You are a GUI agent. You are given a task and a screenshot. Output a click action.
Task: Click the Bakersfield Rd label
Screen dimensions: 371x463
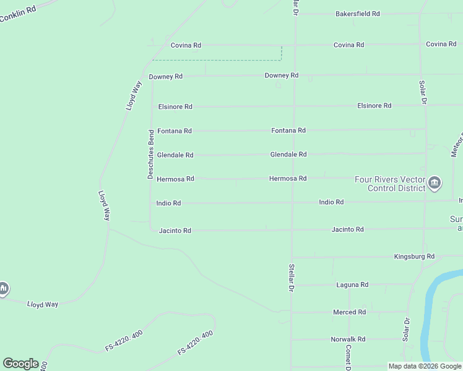click(x=357, y=14)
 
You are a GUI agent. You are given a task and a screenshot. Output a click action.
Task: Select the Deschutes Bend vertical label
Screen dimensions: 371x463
click(x=150, y=155)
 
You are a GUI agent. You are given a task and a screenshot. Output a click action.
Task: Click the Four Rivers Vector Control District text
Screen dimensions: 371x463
click(x=389, y=184)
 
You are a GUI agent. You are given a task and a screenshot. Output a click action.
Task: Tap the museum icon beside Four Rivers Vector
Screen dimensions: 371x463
click(x=435, y=182)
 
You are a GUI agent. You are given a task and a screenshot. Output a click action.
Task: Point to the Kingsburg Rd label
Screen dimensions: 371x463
click(x=414, y=256)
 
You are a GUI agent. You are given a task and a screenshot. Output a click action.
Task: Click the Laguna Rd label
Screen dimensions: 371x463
click(x=352, y=285)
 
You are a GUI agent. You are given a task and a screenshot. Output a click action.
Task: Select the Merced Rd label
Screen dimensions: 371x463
click(x=349, y=312)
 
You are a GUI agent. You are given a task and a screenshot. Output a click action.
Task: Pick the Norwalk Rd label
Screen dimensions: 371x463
click(x=348, y=339)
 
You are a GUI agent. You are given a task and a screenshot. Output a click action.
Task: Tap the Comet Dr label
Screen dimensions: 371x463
click(x=348, y=357)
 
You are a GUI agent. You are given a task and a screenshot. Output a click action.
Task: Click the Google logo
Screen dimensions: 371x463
click(x=20, y=364)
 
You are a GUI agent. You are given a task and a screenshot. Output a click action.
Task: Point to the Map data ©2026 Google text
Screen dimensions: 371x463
click(x=424, y=366)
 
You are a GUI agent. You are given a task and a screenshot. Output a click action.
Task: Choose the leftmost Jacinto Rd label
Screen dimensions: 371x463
click(x=175, y=231)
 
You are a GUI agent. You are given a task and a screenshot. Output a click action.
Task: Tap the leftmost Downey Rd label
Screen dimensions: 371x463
click(x=165, y=77)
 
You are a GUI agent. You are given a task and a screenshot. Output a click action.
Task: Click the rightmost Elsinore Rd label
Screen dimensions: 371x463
click(x=374, y=106)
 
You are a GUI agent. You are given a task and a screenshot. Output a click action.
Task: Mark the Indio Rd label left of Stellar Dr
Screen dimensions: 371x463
click(x=168, y=203)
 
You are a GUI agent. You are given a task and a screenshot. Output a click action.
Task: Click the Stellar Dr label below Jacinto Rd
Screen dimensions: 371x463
click(x=290, y=278)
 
